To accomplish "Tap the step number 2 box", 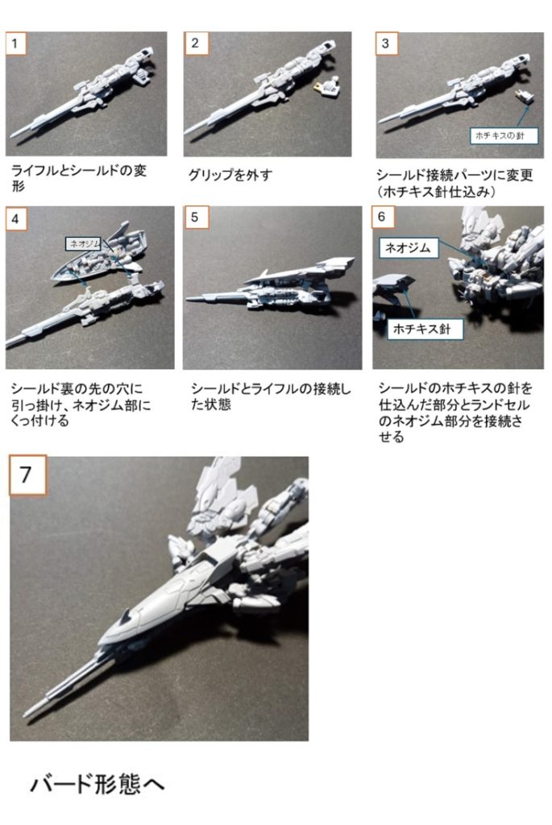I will (x=194, y=44).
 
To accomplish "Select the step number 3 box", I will (x=385, y=44).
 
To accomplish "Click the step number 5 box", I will (x=194, y=218).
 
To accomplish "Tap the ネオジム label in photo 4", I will (x=83, y=241).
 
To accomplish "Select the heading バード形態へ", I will (x=97, y=783).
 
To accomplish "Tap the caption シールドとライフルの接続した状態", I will (x=270, y=396).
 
